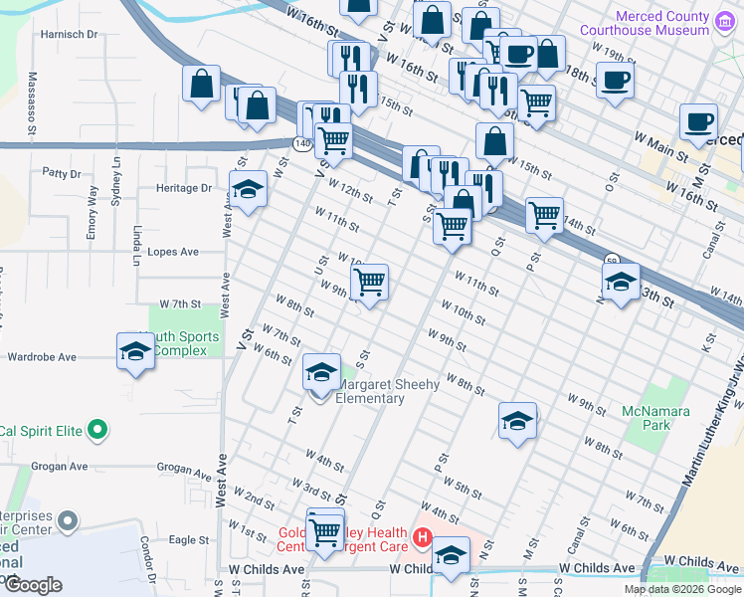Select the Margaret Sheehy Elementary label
[x=372, y=392]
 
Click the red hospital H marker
[x=422, y=538]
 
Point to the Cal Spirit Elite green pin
[x=96, y=431]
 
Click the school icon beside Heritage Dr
[x=247, y=189]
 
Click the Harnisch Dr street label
[x=69, y=34]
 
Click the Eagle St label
[x=188, y=539]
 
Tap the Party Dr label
[x=61, y=172]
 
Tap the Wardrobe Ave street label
[x=41, y=356]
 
